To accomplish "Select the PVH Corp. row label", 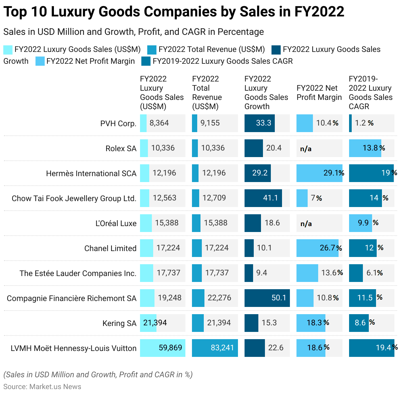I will point(118,124).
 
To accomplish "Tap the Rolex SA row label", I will point(121,149).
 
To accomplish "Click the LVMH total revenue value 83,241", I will point(222,348).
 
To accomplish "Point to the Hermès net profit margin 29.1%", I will point(334,173).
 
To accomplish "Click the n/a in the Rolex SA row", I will point(306,149).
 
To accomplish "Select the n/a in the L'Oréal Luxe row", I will point(306,224).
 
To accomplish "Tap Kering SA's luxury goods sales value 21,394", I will point(155,323).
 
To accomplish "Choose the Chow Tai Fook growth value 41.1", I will point(271,198).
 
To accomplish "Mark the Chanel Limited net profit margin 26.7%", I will point(331,248).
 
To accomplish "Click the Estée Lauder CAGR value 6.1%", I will point(375,273).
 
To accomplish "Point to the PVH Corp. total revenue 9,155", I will point(210,123).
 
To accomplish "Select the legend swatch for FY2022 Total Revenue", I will point(152,50).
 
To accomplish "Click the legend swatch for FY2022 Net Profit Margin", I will point(40,61).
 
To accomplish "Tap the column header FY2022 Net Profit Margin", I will point(319,93).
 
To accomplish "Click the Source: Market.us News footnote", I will point(42,386).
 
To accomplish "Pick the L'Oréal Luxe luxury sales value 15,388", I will point(167,223).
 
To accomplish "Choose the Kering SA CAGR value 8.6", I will point(360,323).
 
